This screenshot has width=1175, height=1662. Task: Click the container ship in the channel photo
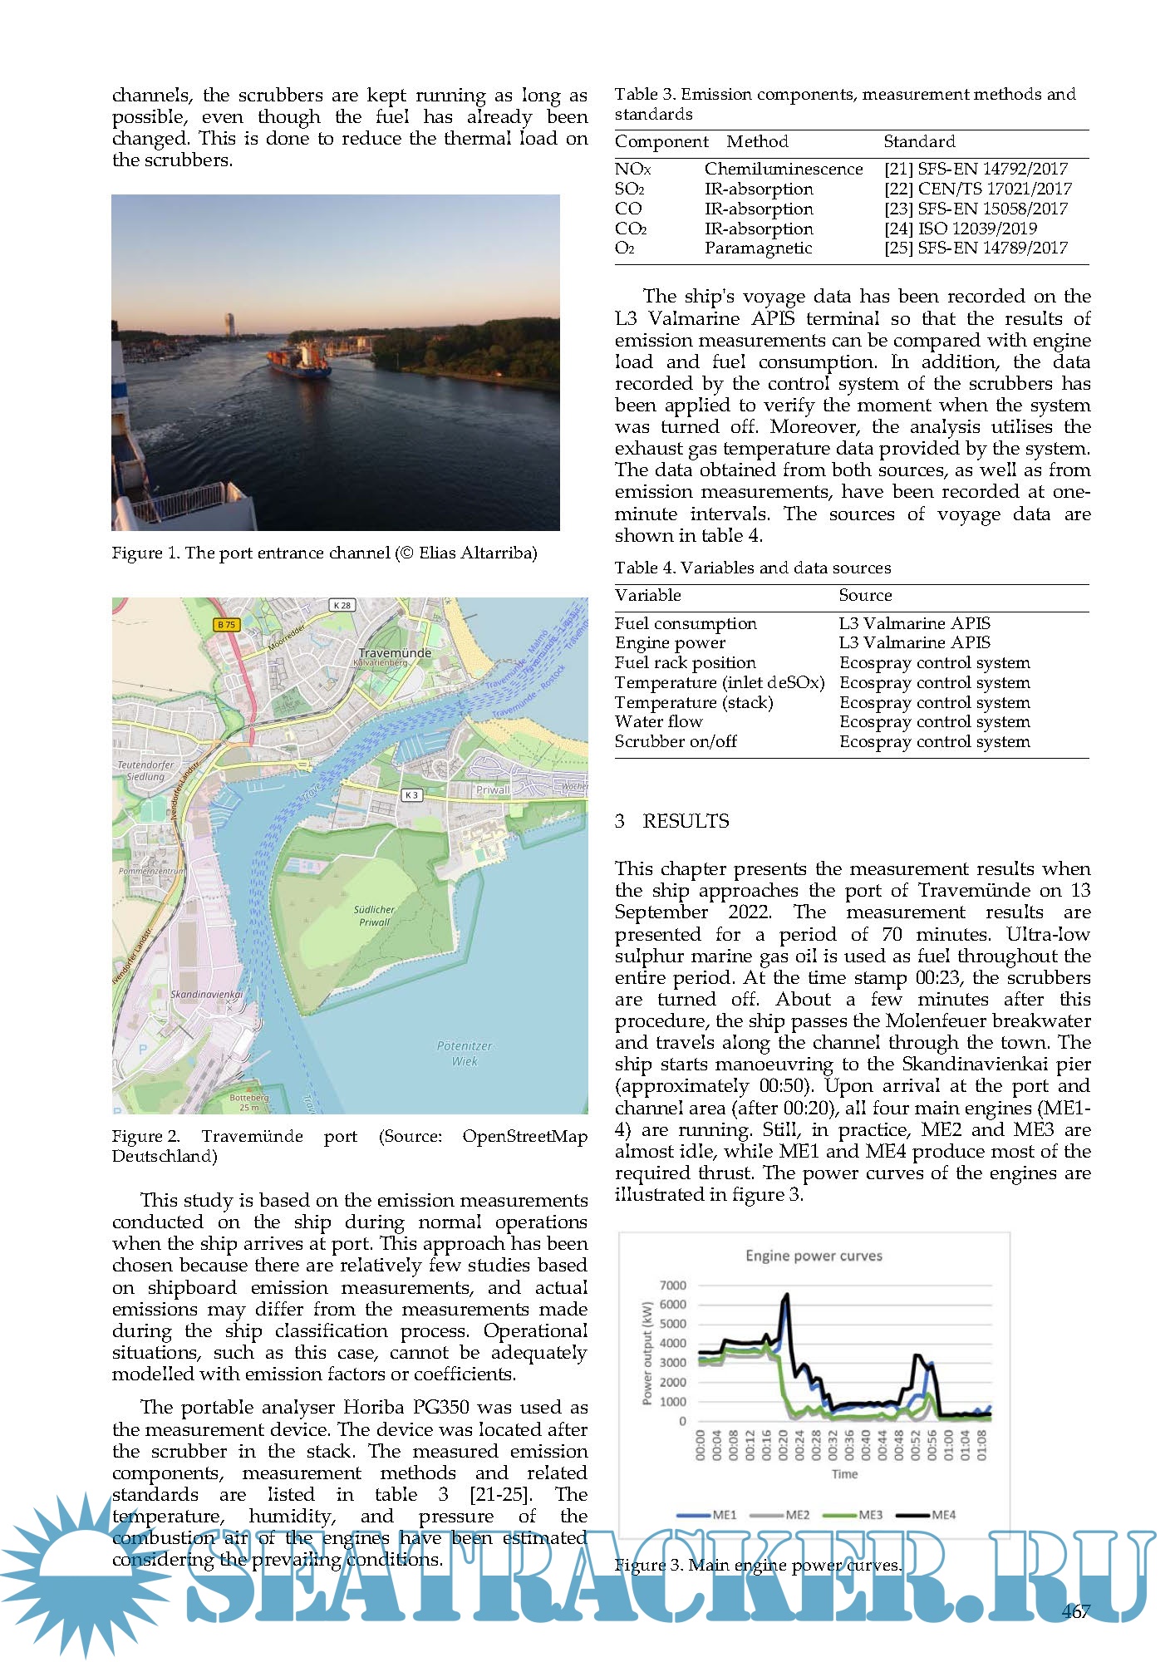300,360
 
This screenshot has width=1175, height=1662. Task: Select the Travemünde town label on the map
395,653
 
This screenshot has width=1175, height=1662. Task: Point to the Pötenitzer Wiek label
465,1053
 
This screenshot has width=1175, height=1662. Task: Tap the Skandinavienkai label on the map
206,994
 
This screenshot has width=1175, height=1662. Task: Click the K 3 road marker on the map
411,795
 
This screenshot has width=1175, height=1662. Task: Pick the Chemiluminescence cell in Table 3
784,169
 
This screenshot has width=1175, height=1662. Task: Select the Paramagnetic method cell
758,248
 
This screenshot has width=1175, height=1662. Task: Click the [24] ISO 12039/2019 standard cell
961,229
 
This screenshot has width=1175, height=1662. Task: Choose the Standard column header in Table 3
919,141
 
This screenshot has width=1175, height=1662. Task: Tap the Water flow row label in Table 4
658,722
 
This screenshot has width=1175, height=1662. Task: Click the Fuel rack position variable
685,662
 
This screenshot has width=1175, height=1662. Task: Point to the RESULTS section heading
686,821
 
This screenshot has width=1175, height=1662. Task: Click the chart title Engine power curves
814,1256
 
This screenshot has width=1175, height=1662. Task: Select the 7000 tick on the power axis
672,1286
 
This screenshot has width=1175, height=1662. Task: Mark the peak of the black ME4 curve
786,1294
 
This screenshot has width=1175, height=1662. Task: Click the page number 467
1075,1611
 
